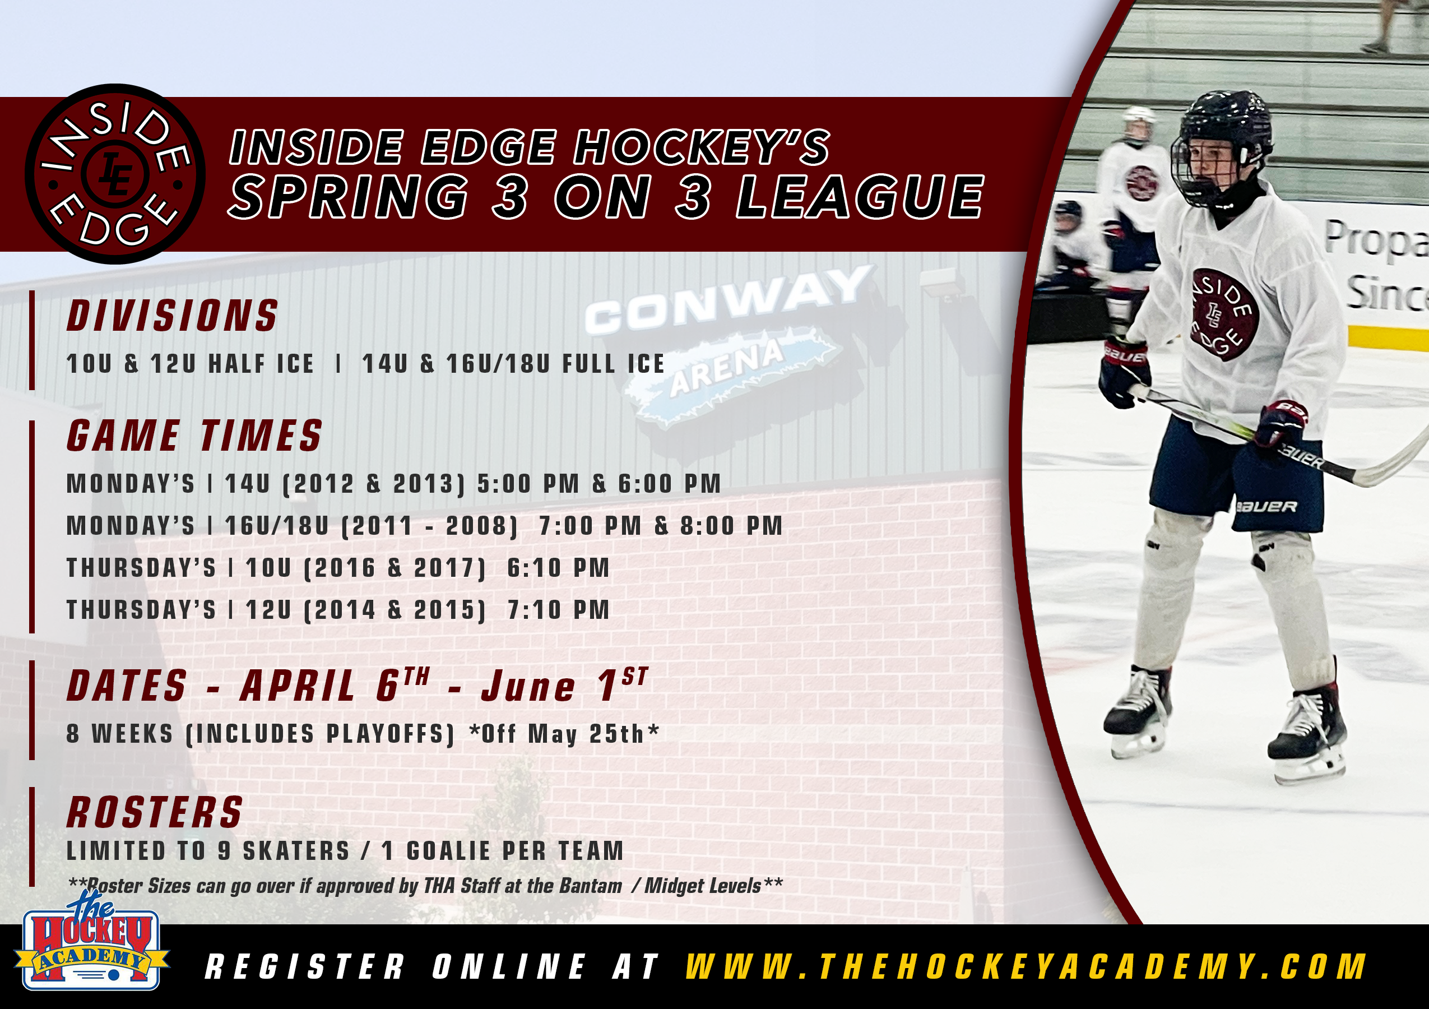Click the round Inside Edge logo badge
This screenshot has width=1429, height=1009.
[115, 174]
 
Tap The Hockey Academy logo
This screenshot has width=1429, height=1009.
[92, 941]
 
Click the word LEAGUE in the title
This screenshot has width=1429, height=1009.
[860, 197]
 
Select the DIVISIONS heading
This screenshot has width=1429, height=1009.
[173, 316]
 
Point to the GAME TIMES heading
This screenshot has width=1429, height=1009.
[195, 435]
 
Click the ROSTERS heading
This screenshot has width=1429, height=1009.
[154, 812]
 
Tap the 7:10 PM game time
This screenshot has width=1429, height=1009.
[558, 610]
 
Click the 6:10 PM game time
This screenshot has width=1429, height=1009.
[558, 568]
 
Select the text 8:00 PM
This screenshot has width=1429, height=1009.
[731, 526]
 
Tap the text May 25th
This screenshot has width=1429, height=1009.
[586, 734]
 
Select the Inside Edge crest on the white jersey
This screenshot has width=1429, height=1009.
[1223, 314]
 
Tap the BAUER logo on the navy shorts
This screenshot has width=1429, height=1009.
[1266, 507]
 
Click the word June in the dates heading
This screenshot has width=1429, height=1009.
[528, 687]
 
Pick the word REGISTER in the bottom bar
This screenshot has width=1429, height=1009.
[304, 966]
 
